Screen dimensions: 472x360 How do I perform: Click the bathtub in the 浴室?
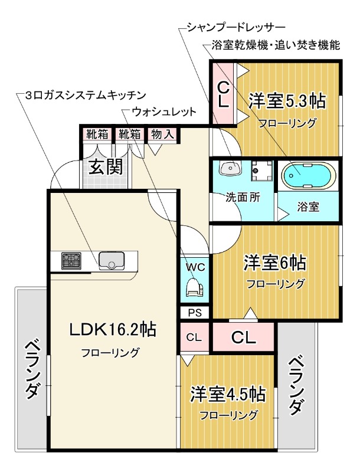coord(307,175)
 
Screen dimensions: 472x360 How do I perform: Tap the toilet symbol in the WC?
coord(195,288)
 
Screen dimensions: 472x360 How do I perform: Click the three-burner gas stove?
coord(73,260)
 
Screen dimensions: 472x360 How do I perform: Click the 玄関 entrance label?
coord(106,167)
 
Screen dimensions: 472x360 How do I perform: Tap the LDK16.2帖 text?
coord(113,329)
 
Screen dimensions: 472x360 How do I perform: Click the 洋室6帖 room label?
coord(275,261)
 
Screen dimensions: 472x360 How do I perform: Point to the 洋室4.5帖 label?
coord(227,394)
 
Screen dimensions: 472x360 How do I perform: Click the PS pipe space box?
coord(195,313)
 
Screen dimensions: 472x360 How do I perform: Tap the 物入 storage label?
coord(162,135)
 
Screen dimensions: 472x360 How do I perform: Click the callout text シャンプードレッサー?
coord(235,27)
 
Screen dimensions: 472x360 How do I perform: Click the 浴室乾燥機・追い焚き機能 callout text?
coord(275,45)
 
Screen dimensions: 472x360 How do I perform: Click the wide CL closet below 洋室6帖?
coord(243,338)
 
